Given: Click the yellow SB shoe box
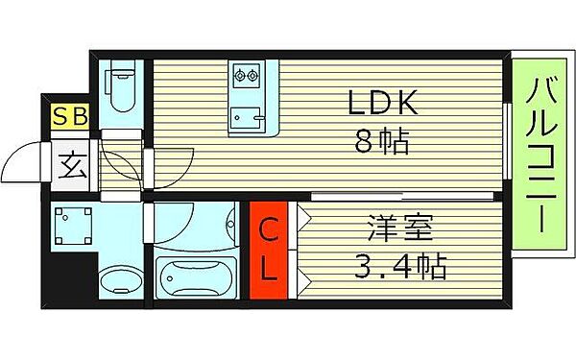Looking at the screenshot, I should click(x=71, y=118).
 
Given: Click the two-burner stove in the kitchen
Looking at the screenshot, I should click(x=245, y=76).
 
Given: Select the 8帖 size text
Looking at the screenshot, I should click(x=383, y=144).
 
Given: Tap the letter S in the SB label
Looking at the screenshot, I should click(x=61, y=118).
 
